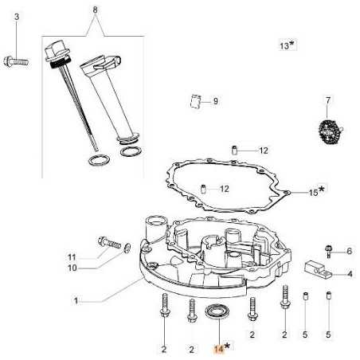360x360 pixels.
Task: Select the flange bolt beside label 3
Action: pyautogui.click(x=17, y=58)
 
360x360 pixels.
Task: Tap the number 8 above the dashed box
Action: pyautogui.click(x=96, y=10)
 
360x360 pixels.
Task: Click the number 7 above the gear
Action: pyautogui.click(x=327, y=100)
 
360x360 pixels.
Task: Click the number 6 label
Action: pyautogui.click(x=349, y=251)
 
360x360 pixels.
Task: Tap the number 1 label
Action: pyautogui.click(x=76, y=301)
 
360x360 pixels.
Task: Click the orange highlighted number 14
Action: pyautogui.click(x=218, y=348)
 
